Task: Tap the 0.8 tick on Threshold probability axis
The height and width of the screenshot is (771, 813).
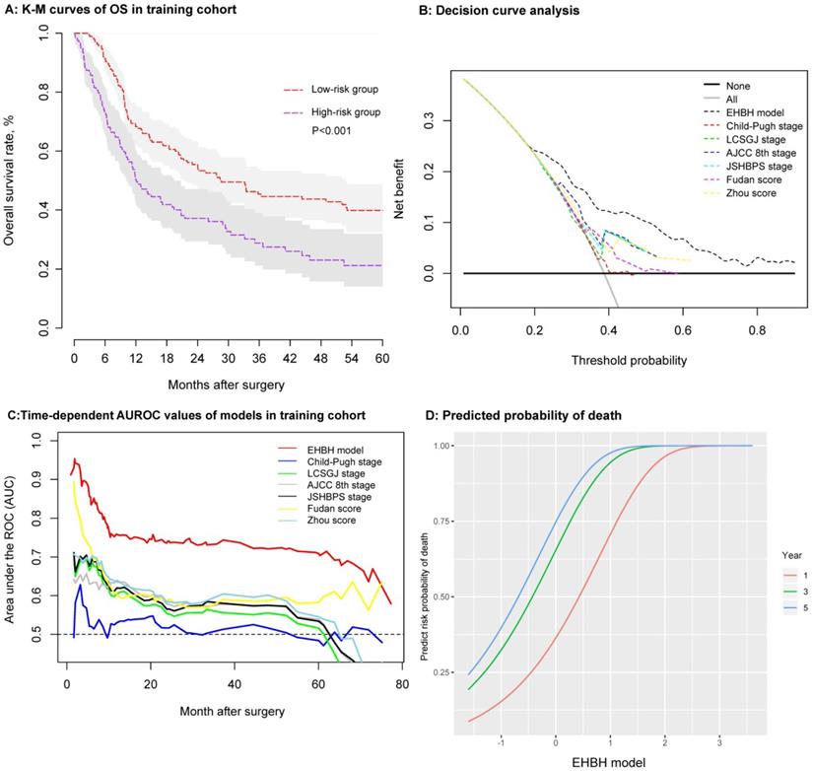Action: (757, 331)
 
